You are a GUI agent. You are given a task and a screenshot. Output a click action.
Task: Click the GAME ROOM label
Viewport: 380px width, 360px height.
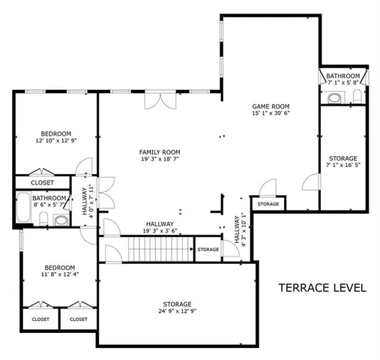point(271,107)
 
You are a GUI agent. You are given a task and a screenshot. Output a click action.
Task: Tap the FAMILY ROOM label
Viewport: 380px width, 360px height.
point(160,152)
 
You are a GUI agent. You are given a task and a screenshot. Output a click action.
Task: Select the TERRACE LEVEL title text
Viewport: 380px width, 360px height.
point(322,287)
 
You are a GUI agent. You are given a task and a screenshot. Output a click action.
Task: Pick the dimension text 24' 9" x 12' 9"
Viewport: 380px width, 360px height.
point(174,310)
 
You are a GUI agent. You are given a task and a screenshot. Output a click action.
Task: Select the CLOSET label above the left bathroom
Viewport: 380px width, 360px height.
point(42,182)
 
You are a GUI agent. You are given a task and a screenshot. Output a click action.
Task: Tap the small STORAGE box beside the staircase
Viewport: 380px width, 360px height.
point(208,249)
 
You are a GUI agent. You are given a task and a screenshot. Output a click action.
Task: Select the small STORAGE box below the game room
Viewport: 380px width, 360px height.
point(268,204)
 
